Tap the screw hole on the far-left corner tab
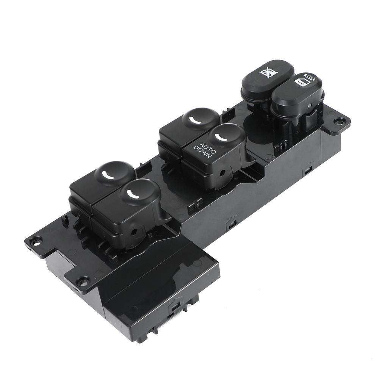point(35,240)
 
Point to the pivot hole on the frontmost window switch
point(133,230)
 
